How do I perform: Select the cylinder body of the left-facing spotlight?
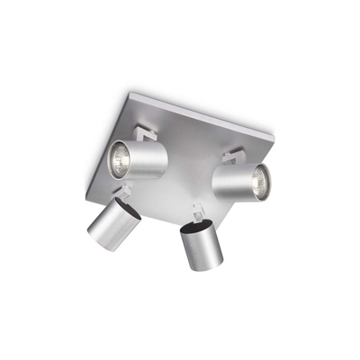pyautogui.click(x=148, y=158)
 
